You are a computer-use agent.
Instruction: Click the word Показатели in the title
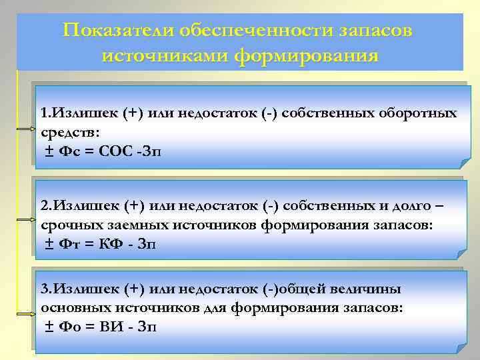tap(107, 31)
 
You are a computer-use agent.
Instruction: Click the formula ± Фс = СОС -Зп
tap(101, 152)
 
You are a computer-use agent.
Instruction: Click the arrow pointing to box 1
tap(27, 128)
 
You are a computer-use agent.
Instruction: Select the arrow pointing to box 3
tap(27, 311)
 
